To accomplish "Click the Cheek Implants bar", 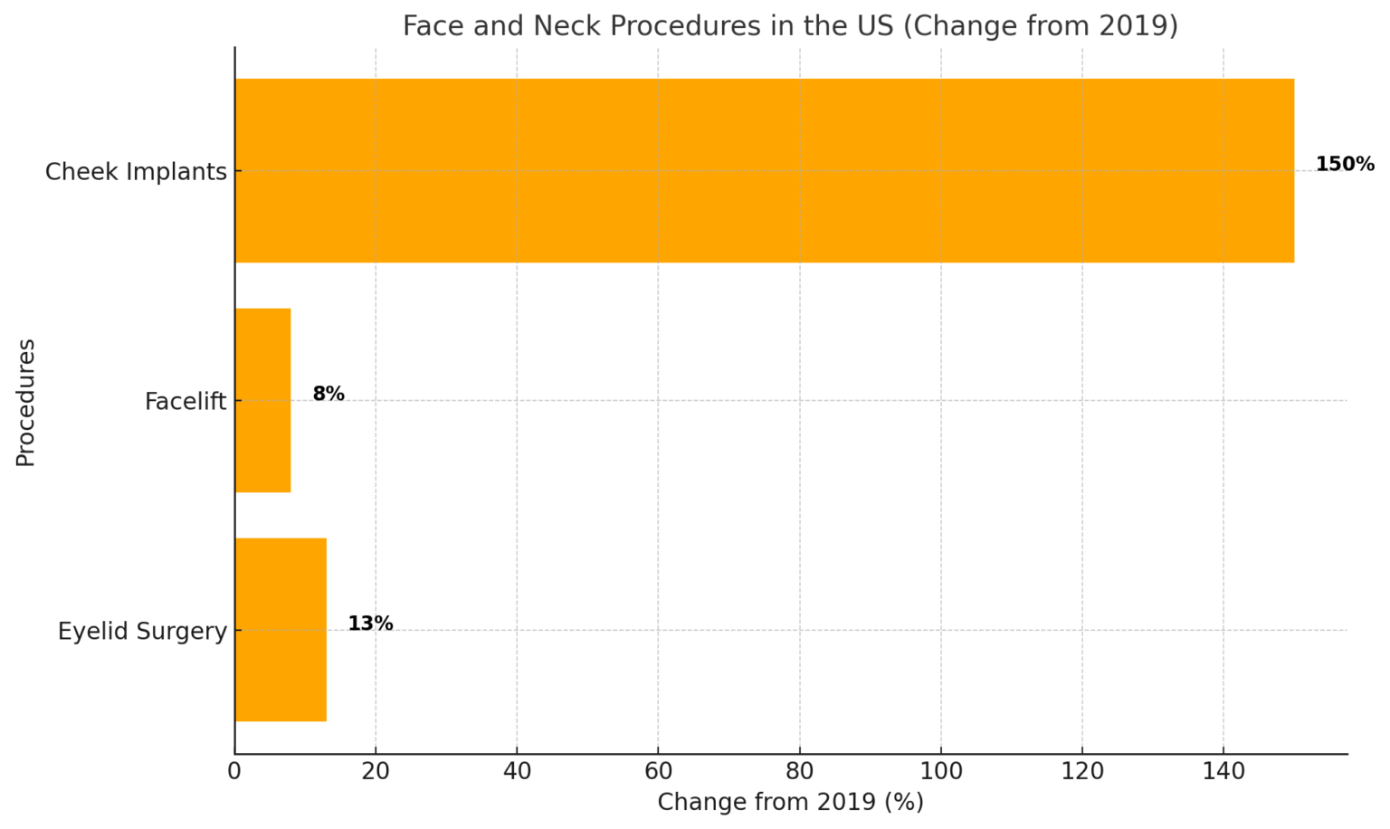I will [x=764, y=170].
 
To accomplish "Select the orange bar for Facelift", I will [x=262, y=400].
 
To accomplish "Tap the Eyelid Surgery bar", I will [x=281, y=630].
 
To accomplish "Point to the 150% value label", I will [x=1344, y=165].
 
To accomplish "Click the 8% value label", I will [x=328, y=395].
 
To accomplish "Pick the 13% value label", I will [x=370, y=624].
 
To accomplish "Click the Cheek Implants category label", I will [x=136, y=172].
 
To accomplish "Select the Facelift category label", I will [x=186, y=402].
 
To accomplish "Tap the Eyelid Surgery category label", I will [x=142, y=632].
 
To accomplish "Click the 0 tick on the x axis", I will [x=234, y=772].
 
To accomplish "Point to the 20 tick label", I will [x=376, y=772].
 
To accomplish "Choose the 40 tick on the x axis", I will [x=517, y=772].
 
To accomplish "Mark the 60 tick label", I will [x=658, y=772].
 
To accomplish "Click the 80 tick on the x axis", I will [x=800, y=772].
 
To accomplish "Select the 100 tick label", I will [x=941, y=772].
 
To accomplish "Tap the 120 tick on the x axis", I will [x=1082, y=772].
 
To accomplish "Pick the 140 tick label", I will [x=1223, y=772].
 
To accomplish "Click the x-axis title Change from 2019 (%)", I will [x=790, y=803].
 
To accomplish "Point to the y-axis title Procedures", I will [x=25, y=402].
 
